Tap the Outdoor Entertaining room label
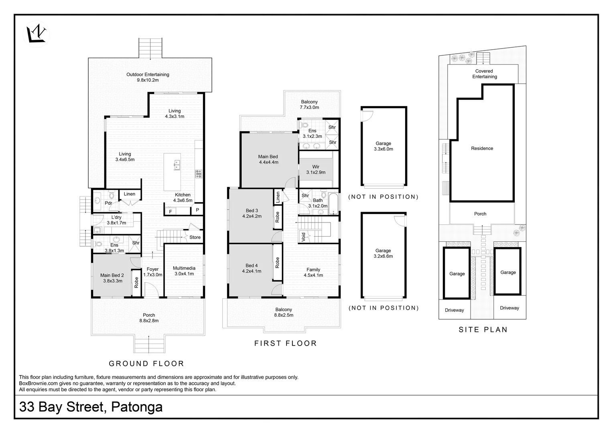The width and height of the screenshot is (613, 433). [x=148, y=77]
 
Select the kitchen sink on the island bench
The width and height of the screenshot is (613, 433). [x=177, y=165]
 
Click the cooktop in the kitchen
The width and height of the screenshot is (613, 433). [x=199, y=174]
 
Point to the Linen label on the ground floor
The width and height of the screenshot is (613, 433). [x=129, y=194]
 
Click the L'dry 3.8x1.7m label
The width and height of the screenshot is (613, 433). [x=116, y=220]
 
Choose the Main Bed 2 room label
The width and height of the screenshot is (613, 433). [x=112, y=278]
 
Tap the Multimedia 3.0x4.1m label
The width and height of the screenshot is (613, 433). [x=184, y=271]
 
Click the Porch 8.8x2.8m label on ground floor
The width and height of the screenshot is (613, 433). [x=149, y=318]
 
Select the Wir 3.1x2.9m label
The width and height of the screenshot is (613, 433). [x=316, y=169]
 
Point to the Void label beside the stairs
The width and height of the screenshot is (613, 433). [x=303, y=237]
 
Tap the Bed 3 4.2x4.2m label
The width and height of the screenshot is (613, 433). [x=252, y=213]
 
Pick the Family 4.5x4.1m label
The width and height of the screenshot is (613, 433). [x=313, y=272]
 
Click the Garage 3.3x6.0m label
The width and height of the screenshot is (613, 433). [x=383, y=146]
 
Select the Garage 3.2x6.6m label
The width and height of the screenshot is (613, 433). [x=383, y=253]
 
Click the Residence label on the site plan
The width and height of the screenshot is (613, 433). [x=482, y=148]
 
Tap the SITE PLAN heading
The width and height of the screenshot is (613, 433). [x=483, y=330]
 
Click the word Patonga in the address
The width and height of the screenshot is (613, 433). [x=137, y=407]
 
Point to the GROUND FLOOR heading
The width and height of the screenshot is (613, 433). [x=146, y=364]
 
